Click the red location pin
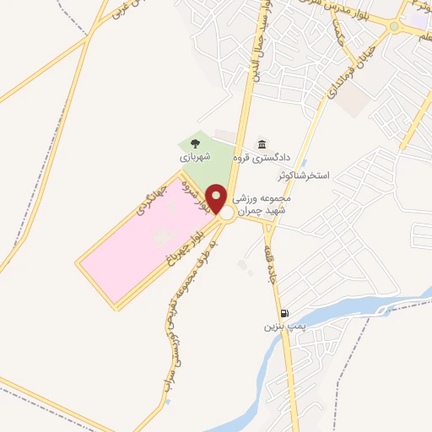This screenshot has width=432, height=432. coord(217,197)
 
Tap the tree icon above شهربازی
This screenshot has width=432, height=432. coord(196,143)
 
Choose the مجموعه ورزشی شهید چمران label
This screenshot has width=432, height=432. coord(262,203)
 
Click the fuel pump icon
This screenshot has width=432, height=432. coord(284,312)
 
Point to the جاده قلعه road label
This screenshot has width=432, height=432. coord(274,267)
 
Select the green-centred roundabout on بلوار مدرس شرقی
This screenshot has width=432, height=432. coord(394,26)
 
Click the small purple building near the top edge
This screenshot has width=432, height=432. coord(418,18)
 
